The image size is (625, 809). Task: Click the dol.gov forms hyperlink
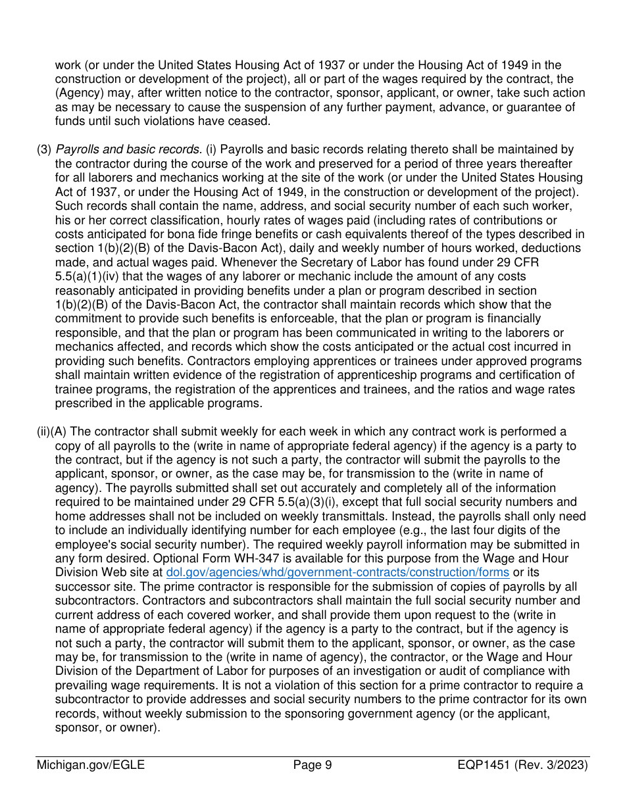(337, 572)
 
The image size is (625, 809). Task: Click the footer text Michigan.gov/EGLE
(91, 765)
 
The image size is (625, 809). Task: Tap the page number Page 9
(312, 765)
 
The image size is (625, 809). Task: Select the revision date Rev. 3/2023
(558, 765)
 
